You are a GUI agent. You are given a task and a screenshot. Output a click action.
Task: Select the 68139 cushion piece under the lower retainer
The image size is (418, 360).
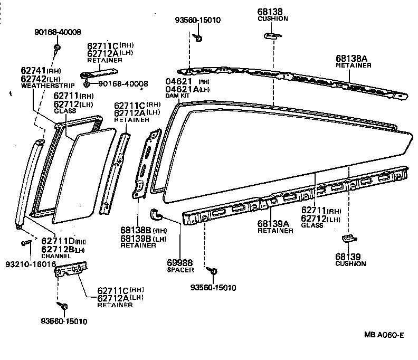[x=348, y=238]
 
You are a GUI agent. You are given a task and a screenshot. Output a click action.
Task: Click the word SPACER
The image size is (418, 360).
[x=170, y=270]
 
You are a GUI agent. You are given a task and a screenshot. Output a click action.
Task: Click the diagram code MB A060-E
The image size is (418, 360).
[x=383, y=335]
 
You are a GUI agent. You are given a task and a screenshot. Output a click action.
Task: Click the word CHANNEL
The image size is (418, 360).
[x=55, y=256]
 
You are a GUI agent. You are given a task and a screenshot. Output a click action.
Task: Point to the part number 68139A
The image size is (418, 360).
[x=273, y=224]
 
